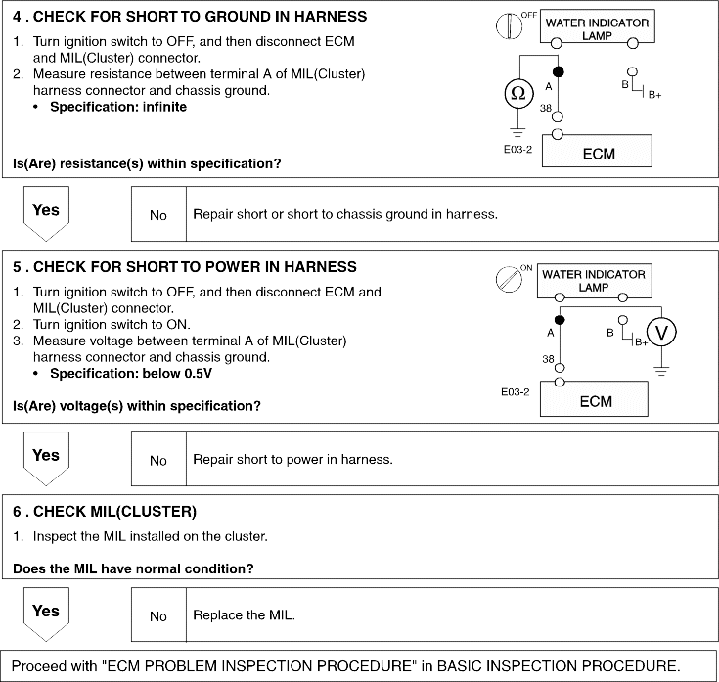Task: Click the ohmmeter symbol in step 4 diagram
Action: coord(517,93)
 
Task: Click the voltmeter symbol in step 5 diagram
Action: coord(661,333)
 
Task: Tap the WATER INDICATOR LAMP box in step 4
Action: coord(597,28)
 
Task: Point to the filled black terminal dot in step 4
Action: coord(559,71)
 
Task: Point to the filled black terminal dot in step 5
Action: coord(559,320)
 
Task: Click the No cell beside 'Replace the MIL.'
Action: coord(158,616)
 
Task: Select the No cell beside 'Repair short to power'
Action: coord(158,460)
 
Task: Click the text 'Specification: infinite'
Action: coord(117,107)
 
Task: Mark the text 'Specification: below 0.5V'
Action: coord(123,374)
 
